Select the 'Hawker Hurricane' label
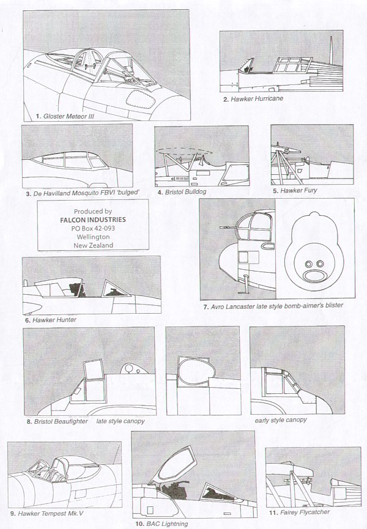tap(253, 98)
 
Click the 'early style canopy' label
tap(281, 420)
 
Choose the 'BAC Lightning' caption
tap(163, 523)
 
